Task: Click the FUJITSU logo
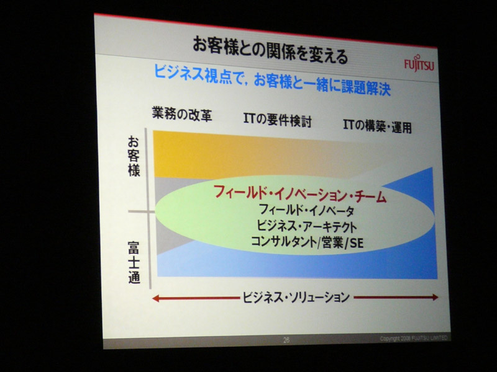(x=419, y=64)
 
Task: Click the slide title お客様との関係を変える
(x=270, y=50)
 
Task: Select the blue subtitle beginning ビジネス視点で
(x=272, y=79)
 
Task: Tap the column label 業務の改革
(x=182, y=114)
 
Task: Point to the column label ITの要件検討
(x=278, y=120)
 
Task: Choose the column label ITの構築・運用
(x=377, y=126)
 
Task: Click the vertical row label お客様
(x=134, y=156)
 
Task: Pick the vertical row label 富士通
(x=134, y=262)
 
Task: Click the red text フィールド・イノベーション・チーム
(x=300, y=194)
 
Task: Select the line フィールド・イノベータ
(x=306, y=210)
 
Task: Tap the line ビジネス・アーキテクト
(x=306, y=226)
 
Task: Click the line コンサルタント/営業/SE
(x=307, y=242)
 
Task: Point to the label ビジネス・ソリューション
(x=296, y=297)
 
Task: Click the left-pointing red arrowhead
(x=156, y=298)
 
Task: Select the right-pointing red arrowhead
(x=435, y=297)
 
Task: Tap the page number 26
(x=286, y=340)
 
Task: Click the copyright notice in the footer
(x=414, y=338)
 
